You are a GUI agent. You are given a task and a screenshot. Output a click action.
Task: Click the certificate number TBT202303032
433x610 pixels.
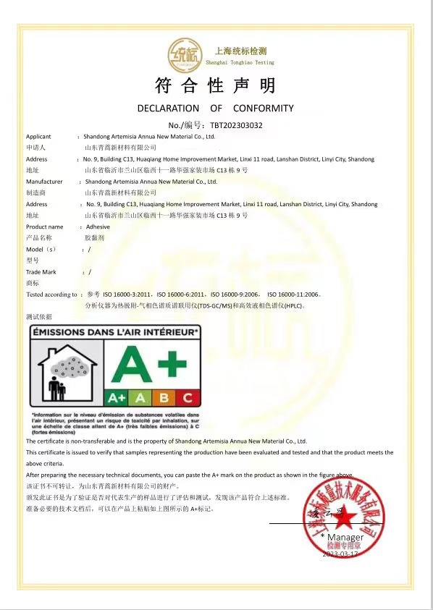click(236, 125)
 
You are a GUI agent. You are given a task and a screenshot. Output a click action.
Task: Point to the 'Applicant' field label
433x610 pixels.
click(38, 136)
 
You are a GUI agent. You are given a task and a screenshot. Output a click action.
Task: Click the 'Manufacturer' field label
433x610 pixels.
click(44, 182)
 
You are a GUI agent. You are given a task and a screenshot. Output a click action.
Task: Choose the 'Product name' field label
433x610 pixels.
click(44, 227)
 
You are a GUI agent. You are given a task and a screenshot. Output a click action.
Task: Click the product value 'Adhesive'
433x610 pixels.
click(98, 227)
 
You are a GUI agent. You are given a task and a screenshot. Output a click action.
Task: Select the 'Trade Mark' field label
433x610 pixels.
click(41, 272)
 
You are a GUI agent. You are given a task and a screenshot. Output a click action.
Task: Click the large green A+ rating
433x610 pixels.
click(149, 364)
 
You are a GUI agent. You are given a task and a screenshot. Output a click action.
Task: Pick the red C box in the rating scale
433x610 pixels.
click(186, 397)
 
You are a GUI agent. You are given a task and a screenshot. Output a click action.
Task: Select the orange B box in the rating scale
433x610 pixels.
click(164, 397)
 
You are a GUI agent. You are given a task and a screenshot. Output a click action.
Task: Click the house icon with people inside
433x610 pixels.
click(65, 373)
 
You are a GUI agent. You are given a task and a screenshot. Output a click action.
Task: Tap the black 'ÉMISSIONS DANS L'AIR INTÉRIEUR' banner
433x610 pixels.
click(114, 332)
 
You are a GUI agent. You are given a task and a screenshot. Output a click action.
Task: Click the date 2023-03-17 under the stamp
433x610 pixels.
click(340, 554)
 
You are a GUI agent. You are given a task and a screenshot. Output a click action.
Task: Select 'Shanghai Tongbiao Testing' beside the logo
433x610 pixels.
click(241, 63)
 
